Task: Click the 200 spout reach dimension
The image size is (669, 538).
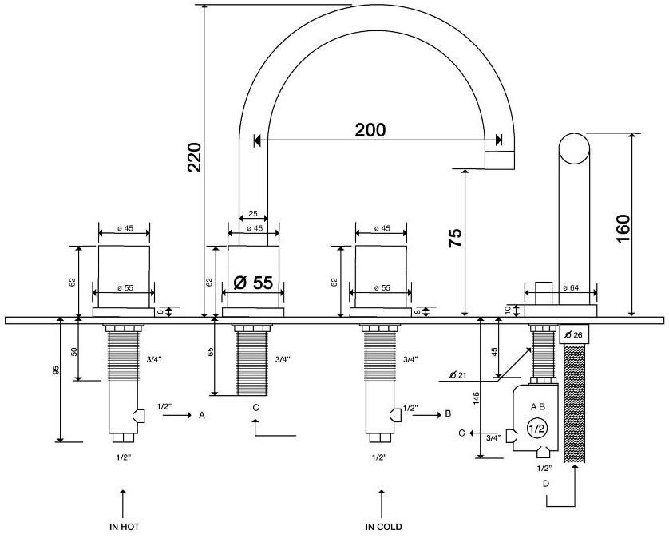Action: [x=370, y=130]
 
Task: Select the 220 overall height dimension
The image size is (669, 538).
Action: [x=195, y=157]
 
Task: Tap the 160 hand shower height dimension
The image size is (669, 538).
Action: [x=623, y=228]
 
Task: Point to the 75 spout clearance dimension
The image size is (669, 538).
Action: [x=455, y=239]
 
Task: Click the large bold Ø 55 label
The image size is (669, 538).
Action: [x=253, y=283]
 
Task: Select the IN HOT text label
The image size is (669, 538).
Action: [x=125, y=527]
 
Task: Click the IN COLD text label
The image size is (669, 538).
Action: [x=383, y=527]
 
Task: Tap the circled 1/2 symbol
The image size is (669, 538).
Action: [x=536, y=429]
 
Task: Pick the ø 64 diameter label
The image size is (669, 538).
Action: [x=572, y=288]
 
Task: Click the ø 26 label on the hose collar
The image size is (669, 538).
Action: [x=574, y=335]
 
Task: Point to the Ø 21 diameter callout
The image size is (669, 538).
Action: [x=457, y=375]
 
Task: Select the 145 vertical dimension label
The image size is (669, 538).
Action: [x=477, y=398]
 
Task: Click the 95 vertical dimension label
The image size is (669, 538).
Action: [x=56, y=370]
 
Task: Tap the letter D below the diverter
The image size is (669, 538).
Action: [x=546, y=484]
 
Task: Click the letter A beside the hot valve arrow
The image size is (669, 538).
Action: [x=202, y=415]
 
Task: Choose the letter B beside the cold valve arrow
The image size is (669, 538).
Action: [x=448, y=413]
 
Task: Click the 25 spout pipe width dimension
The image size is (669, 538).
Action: [x=253, y=213]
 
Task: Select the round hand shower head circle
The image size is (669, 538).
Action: [x=574, y=148]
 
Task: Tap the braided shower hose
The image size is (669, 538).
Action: [x=575, y=404]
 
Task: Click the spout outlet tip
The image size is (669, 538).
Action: [x=500, y=160]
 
